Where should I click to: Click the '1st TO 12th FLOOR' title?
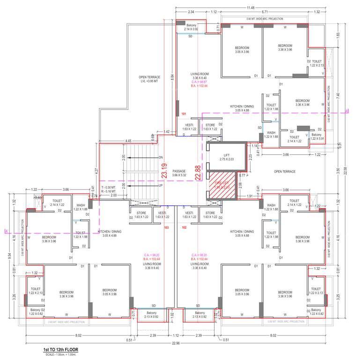coord(61,350)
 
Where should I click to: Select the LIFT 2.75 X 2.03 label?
coord(226,157)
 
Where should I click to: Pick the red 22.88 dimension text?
coord(198,171)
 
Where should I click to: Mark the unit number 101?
coord(184,114)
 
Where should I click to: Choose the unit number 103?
coord(167,227)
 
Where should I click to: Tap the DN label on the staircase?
coord(161,157)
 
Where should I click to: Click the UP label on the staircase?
coord(161,186)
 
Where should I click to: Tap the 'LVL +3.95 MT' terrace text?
coord(149,81)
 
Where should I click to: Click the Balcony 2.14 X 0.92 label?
coord(191,27)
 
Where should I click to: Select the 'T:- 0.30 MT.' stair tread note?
coord(110,187)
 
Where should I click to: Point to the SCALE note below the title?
coord(60,354)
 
